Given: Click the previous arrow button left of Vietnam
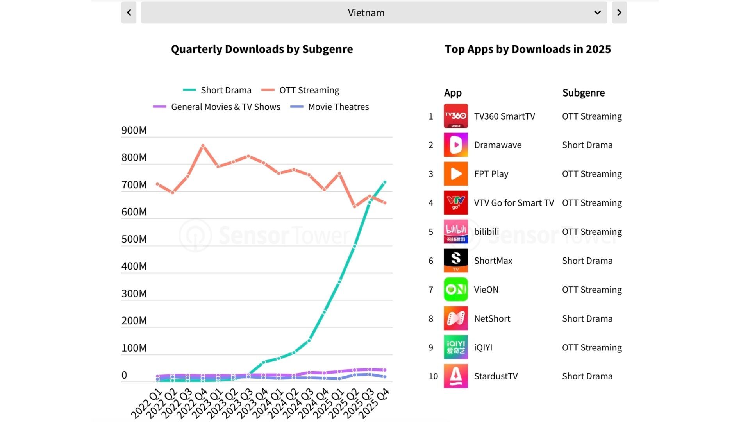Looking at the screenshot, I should coord(129,13).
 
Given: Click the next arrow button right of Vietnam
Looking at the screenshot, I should coord(619,13).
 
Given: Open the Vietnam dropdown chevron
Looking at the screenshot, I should coord(597,13).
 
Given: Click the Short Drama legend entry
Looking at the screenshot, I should coord(218,90).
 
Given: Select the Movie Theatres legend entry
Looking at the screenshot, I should coord(330,107).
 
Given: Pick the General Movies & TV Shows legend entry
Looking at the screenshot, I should coord(217,107).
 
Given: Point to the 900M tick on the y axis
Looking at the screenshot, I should coord(134,131).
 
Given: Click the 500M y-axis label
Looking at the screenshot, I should coord(134,239).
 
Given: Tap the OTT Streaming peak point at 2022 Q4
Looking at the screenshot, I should coord(203,146).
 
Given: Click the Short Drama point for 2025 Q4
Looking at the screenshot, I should coord(385,182).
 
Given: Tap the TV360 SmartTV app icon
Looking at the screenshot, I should coord(455,116).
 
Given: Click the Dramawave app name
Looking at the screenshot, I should coord(498,145).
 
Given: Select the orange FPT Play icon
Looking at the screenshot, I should coord(455,174).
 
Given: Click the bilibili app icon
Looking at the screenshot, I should coord(455,232).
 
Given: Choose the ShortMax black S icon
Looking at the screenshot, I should coord(455,261).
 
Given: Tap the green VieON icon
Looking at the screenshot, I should coord(455,290).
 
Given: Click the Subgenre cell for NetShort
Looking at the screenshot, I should coord(587,318).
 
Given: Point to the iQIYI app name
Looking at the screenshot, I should coord(483,347).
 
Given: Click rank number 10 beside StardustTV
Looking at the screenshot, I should coord(433,376).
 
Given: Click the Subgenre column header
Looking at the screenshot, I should coord(583,93).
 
